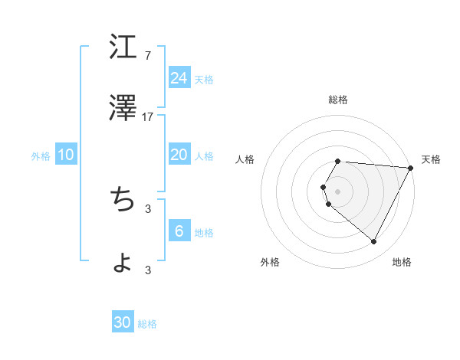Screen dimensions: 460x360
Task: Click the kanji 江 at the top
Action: pyautogui.click(x=123, y=48)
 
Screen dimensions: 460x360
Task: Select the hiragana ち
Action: pyautogui.click(x=123, y=199)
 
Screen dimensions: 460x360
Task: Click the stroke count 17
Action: pyautogui.click(x=148, y=117)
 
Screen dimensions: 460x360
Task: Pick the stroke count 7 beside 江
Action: pyautogui.click(x=148, y=56)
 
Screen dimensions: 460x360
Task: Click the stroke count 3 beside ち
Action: pyautogui.click(x=148, y=208)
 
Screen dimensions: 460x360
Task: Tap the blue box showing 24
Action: pyautogui.click(x=179, y=78)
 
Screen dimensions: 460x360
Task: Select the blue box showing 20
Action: pyautogui.click(x=179, y=155)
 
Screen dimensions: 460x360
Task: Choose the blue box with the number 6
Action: pyautogui.click(x=179, y=231)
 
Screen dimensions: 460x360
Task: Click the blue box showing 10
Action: pyautogui.click(x=66, y=155)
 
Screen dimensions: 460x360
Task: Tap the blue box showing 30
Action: pyautogui.click(x=123, y=322)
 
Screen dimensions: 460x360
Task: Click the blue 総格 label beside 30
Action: pyautogui.click(x=147, y=324)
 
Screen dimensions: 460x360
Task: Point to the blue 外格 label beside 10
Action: pyautogui.click(x=41, y=156)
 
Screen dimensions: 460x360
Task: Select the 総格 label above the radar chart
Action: pyautogui.click(x=338, y=100)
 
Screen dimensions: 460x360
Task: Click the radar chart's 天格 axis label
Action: pyautogui.click(x=431, y=159)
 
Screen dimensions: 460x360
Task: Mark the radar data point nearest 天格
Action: pyautogui.click(x=411, y=168)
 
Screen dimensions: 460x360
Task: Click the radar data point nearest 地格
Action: pyautogui.click(x=374, y=242)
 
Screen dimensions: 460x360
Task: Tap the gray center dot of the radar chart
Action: pyautogui.click(x=338, y=191)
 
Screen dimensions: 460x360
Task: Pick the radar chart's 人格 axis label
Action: pyautogui.click(x=245, y=159)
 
